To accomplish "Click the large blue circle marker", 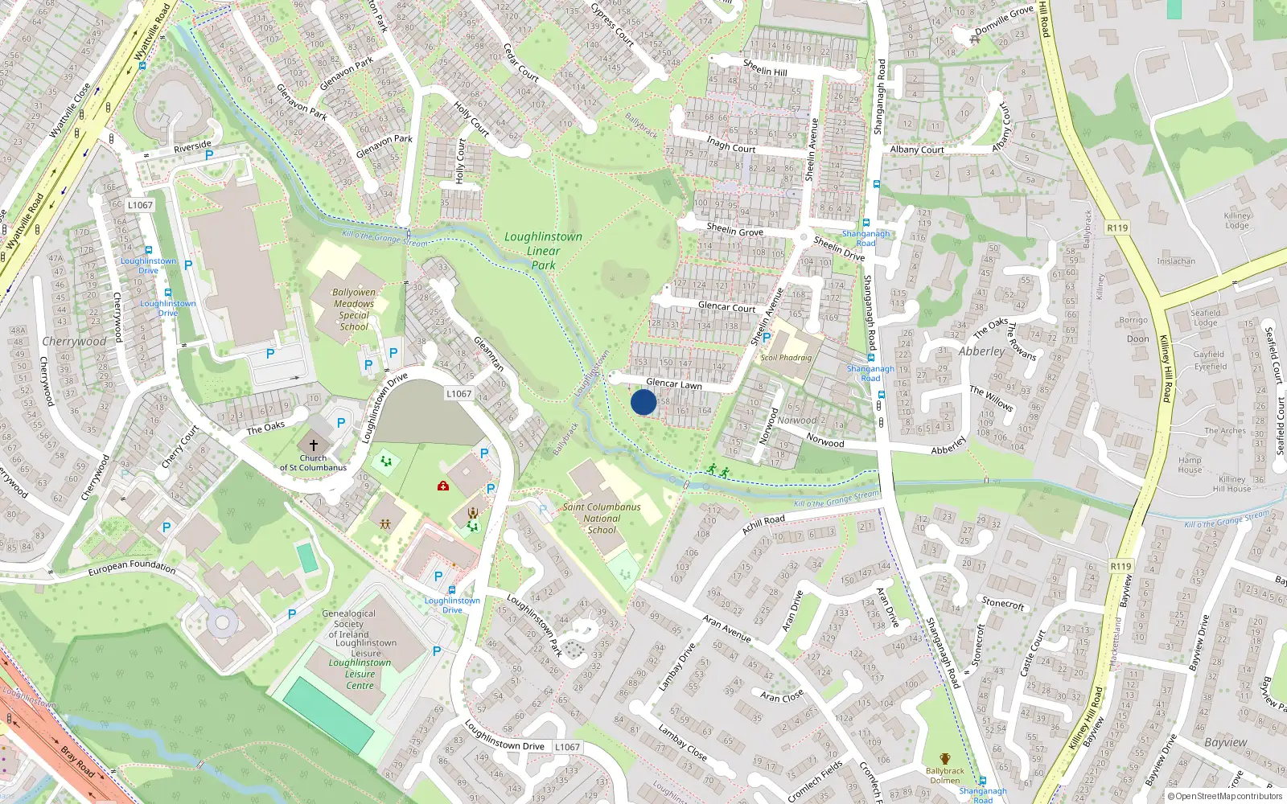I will [643, 402].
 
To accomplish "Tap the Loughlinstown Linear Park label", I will [543, 251].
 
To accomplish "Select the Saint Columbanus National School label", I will [602, 519].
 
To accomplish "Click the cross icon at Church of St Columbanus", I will [314, 445].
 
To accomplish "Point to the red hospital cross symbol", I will [442, 486].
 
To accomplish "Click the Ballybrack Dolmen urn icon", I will [944, 759].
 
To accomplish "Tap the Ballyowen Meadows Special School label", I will [354, 310].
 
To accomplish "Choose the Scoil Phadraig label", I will [786, 358].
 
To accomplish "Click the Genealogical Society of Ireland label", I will [348, 624].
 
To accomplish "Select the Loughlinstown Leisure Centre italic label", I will [360, 674].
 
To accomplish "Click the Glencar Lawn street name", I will [674, 384].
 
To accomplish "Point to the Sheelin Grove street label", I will [734, 231].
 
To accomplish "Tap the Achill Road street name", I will [763, 524].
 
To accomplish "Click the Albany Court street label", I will [917, 150].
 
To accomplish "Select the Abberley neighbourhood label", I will [981, 351].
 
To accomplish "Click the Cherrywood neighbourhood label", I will [74, 342].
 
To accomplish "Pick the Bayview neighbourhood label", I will [1225, 742].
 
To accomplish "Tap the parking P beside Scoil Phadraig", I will [766, 338].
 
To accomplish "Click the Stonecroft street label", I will [1003, 603].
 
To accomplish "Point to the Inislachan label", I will [1176, 261].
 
